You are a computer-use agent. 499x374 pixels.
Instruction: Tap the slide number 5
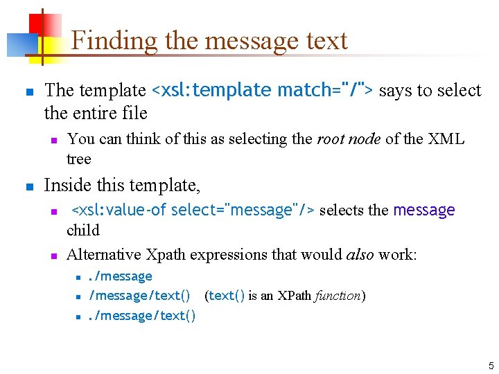(x=491, y=366)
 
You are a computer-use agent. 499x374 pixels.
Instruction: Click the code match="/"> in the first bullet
(x=325, y=91)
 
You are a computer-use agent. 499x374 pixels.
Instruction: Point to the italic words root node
(x=349, y=139)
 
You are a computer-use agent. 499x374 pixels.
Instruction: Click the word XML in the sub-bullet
(x=446, y=139)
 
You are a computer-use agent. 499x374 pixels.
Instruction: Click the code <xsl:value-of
(x=119, y=210)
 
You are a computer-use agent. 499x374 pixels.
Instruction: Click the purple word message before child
(x=423, y=210)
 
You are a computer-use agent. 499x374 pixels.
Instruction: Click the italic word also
(x=360, y=254)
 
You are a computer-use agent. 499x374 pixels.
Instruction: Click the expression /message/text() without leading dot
(x=139, y=296)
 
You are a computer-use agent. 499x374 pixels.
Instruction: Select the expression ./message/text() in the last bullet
(x=142, y=316)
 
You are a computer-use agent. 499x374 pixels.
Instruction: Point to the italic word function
(x=338, y=296)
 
